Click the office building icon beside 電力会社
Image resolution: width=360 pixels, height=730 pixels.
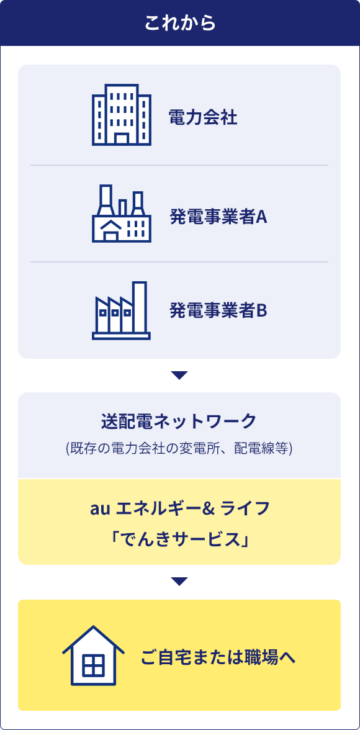coord(122,115)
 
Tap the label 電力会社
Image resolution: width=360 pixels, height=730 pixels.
coord(203,118)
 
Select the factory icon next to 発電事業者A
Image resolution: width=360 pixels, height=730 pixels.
coord(122,214)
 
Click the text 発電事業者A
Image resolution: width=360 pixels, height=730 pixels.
coord(218,217)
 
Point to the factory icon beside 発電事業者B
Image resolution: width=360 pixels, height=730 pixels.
coord(121,310)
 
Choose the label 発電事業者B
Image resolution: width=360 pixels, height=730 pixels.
coord(218,310)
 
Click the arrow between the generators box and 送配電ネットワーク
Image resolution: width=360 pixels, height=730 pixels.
coord(179,375)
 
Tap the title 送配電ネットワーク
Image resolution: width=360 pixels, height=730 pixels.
coord(179,421)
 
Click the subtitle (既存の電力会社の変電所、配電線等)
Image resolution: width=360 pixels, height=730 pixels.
coord(179,448)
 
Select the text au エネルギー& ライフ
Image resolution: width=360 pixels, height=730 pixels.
coord(179,508)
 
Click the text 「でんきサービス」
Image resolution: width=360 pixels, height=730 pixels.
coord(179,540)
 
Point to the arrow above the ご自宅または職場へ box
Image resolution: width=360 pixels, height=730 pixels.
coord(179,582)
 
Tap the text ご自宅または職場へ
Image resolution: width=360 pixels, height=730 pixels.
coord(218,658)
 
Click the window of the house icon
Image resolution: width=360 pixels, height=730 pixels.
coord(94,665)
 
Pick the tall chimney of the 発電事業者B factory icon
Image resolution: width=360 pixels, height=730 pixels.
coord(139,307)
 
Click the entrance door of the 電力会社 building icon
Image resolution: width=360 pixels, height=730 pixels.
coord(122,139)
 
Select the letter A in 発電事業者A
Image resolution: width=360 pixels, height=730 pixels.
coord(262,217)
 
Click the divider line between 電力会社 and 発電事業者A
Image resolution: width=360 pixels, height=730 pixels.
coord(179,165)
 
